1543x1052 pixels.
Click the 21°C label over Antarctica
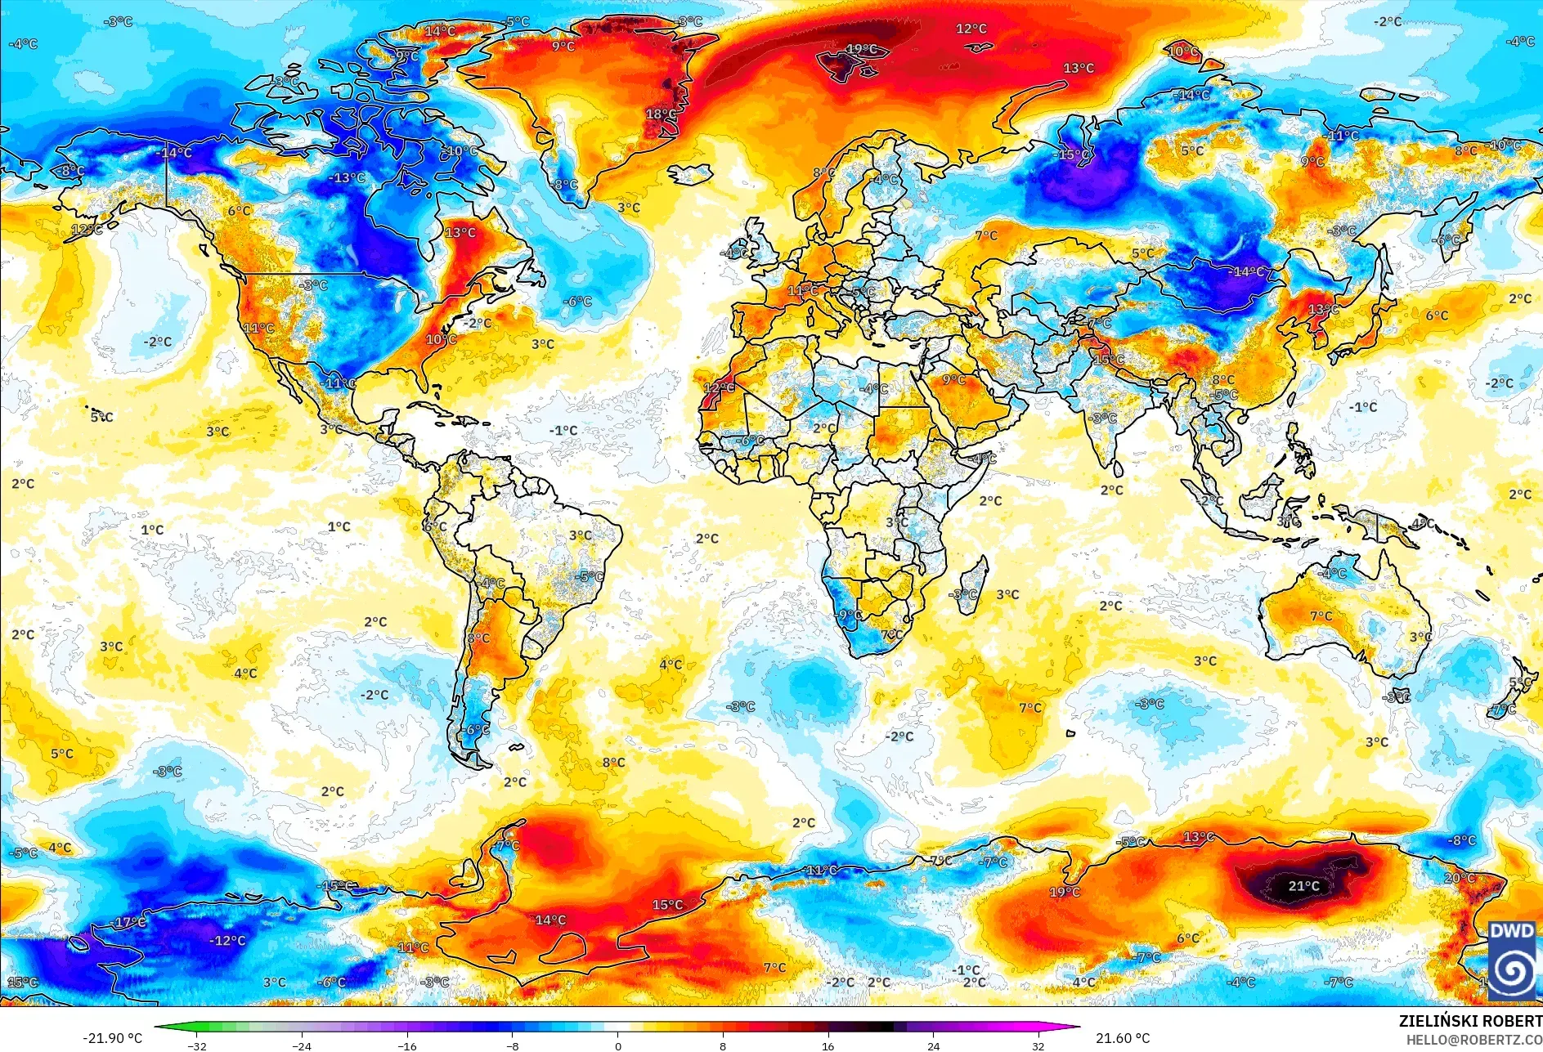click(x=1303, y=886)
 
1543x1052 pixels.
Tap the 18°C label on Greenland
click(x=661, y=114)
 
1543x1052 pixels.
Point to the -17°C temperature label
click(x=129, y=923)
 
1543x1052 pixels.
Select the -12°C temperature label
click(x=227, y=941)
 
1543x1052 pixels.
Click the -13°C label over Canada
click(x=347, y=178)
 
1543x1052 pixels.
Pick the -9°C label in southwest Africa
click(x=847, y=615)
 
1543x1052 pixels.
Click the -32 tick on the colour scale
click(x=196, y=1045)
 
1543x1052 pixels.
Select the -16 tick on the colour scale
click(x=406, y=1045)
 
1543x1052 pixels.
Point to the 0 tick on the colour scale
click(x=617, y=1045)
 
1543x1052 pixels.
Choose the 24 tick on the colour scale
click(x=933, y=1045)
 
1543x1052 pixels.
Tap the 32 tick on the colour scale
click(x=1038, y=1045)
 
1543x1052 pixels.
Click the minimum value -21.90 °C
click(x=112, y=1038)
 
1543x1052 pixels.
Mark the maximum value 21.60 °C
click(x=1123, y=1038)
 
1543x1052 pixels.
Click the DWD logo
click(x=1512, y=960)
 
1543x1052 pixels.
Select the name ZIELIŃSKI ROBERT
click(x=1469, y=1021)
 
